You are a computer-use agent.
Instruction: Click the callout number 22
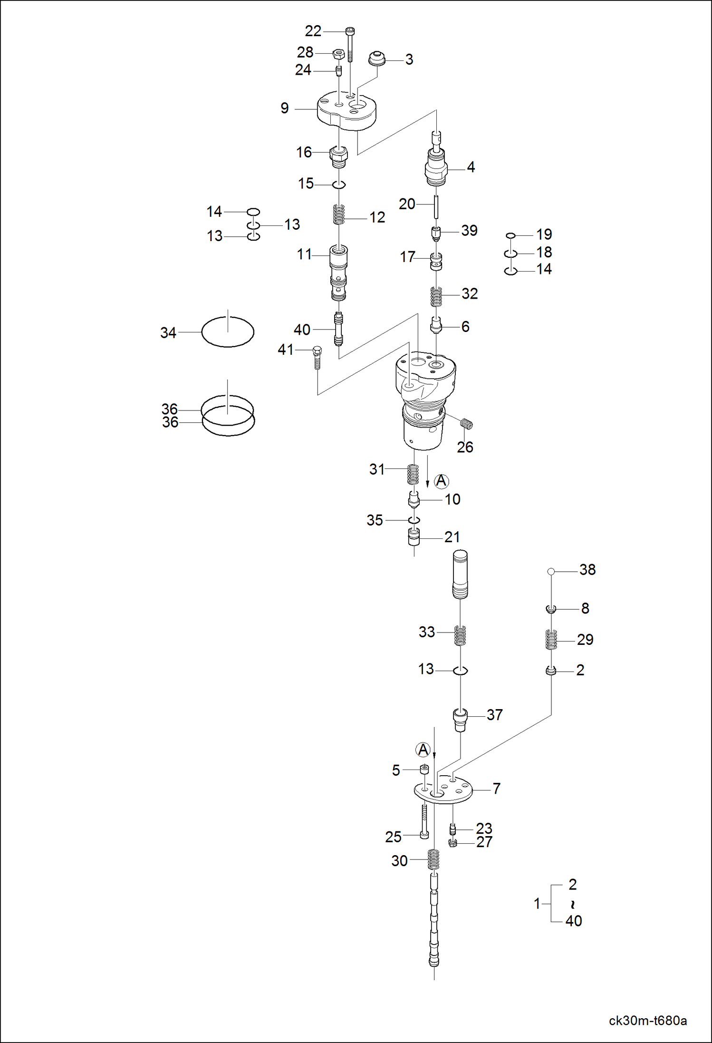point(313,31)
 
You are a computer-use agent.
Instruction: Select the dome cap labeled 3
point(377,58)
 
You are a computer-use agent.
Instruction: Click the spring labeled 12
point(338,214)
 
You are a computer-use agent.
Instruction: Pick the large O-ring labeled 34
point(228,331)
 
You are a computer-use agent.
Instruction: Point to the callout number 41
point(285,350)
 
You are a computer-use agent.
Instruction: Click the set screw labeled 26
point(467,424)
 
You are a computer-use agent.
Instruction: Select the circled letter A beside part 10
point(442,481)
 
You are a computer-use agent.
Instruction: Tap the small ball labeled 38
point(551,571)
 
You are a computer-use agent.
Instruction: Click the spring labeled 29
point(551,639)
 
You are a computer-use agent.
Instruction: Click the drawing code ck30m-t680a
point(647,1021)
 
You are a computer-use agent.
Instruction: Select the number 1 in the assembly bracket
point(537,903)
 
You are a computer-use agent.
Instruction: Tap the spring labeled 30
point(433,859)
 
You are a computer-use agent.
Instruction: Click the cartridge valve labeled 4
point(436,167)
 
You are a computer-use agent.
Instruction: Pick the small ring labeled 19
point(510,235)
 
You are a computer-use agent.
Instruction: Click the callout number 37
point(494,715)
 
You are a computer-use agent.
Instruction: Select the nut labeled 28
point(338,53)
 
